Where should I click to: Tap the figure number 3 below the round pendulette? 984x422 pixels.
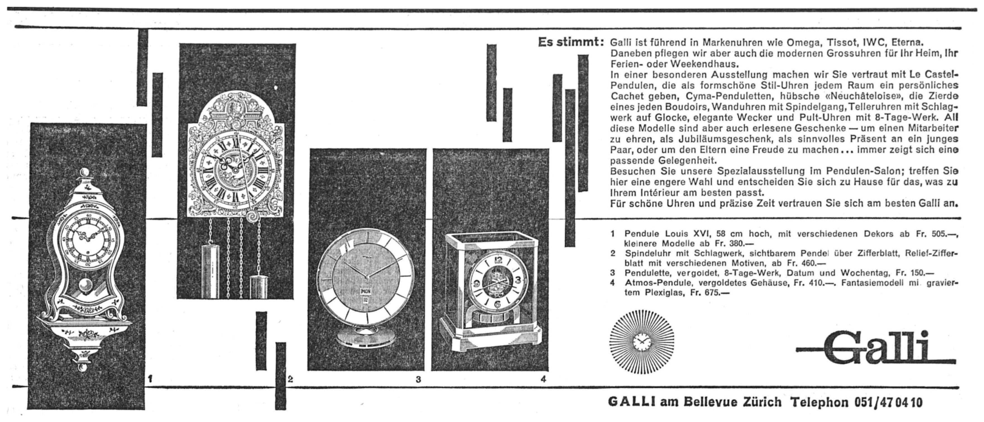point(418,379)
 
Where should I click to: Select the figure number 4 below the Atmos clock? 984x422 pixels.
point(543,379)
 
